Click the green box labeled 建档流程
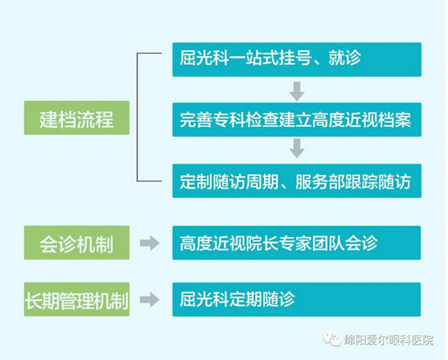pos(77,118)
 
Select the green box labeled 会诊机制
pos(77,243)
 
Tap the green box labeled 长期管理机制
pos(77,300)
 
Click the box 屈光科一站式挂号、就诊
pos(296,59)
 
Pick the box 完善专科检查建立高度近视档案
pos(296,120)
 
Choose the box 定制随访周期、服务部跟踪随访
pos(296,181)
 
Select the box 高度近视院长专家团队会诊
pos(296,243)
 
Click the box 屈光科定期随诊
pos(296,300)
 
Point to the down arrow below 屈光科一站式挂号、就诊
pos(296,91)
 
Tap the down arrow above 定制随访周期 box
pos(296,148)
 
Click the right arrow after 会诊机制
pos(150,244)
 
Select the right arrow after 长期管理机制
pos(150,300)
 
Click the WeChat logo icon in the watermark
pos(332,339)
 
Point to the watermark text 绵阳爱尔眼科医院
pos(389,340)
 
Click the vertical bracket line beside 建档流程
pos(137,117)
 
